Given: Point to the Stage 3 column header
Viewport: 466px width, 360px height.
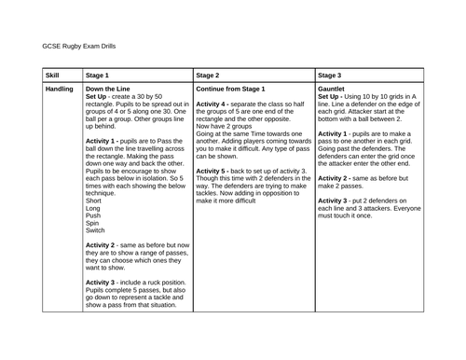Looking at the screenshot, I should [330, 75].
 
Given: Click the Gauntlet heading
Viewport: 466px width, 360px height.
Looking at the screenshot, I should [333, 89].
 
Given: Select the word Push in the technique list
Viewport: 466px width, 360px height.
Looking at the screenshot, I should [93, 218].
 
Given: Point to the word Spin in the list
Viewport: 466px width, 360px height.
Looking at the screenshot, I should [92, 228].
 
